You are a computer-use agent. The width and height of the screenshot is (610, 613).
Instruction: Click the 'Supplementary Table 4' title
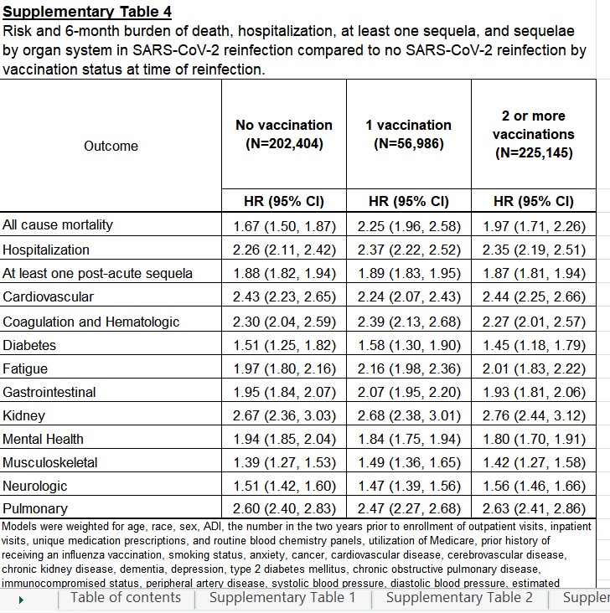click(87, 12)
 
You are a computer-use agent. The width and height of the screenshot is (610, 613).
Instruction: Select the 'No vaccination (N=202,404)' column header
click(284, 134)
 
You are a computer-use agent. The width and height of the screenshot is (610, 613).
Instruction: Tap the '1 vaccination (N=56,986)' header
click(408, 134)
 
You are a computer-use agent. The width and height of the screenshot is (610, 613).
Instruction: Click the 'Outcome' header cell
click(111, 146)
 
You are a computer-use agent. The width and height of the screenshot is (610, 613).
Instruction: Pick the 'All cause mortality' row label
click(58, 225)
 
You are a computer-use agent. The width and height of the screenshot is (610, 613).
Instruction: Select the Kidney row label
click(24, 415)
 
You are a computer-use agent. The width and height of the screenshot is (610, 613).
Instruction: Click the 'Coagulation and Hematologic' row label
click(91, 322)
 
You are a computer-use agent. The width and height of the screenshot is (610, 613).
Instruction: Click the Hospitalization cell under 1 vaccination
click(409, 250)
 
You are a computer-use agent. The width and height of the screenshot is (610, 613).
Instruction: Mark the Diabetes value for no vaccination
click(284, 345)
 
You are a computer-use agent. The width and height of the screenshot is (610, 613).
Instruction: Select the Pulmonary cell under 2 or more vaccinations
click(534, 508)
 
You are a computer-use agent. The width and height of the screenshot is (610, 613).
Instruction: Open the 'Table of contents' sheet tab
click(126, 597)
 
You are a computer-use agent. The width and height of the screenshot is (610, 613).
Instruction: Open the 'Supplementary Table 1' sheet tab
click(282, 597)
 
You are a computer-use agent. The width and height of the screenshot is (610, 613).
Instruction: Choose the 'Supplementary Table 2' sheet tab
click(459, 597)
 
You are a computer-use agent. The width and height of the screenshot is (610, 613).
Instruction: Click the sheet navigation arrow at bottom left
click(20, 600)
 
